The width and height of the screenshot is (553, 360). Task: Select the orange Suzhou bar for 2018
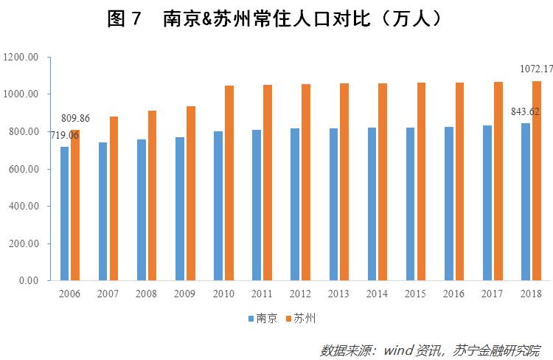coord(536,181)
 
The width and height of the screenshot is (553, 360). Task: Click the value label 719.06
coord(64,135)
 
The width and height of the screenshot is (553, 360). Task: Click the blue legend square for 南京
coord(251,319)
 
